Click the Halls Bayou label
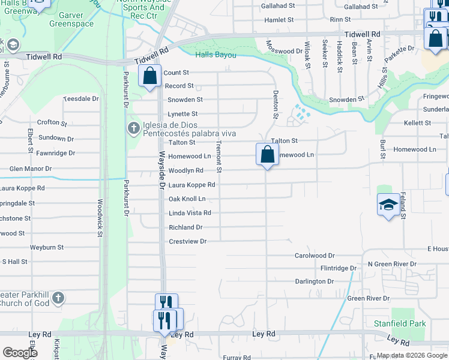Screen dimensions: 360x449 pyautogui.click(x=214, y=55)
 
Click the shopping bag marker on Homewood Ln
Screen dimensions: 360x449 pyautogui.click(x=267, y=154)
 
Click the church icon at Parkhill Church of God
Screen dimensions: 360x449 pyautogui.click(x=58, y=298)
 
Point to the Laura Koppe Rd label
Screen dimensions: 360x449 pyautogui.click(x=191, y=185)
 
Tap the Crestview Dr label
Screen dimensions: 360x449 pyautogui.click(x=187, y=241)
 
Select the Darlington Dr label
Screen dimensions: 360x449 pyautogui.click(x=314, y=281)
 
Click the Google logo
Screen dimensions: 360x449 pyautogui.click(x=20, y=353)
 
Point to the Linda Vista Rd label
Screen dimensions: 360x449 pyautogui.click(x=190, y=213)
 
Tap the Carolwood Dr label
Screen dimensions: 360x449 pyautogui.click(x=314, y=256)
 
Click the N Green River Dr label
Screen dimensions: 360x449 pyautogui.click(x=392, y=264)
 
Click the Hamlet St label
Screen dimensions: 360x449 pyautogui.click(x=279, y=20)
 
